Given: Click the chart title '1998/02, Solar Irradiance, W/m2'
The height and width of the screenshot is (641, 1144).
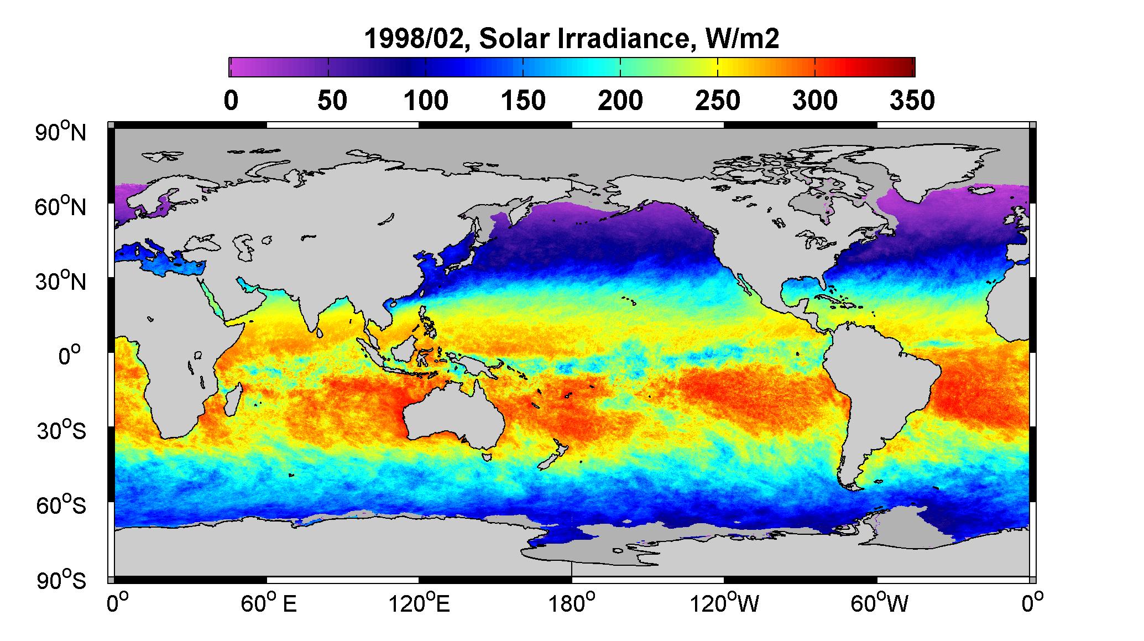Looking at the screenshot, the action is (x=572, y=39).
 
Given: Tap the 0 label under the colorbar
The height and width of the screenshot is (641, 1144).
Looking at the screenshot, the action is (x=231, y=101).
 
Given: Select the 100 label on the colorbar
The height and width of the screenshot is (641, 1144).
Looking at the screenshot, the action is (x=426, y=101).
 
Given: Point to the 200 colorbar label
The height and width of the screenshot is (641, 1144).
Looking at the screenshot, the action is (x=620, y=101).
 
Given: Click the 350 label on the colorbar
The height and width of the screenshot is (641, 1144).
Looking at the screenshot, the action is (x=912, y=101).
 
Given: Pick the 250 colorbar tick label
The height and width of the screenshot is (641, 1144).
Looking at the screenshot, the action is (x=718, y=101).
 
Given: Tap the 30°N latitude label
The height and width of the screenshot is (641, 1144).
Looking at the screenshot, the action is (x=61, y=282).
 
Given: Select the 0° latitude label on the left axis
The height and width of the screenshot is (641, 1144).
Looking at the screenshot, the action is (x=70, y=356).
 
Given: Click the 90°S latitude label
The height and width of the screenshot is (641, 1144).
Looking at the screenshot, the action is (x=61, y=580).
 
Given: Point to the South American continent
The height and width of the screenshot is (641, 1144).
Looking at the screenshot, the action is (x=874, y=387).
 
